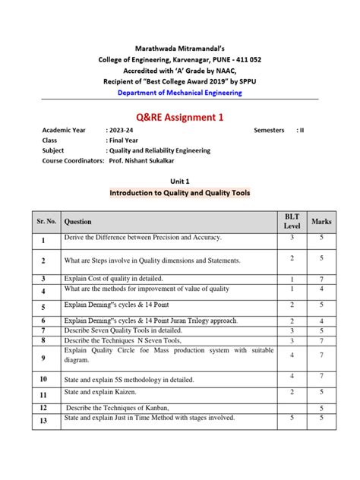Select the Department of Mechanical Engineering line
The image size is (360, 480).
179,93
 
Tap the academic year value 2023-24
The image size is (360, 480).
122,130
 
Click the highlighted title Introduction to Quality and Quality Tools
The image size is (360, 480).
179,194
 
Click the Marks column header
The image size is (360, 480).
321,222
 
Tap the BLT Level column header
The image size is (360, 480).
292,222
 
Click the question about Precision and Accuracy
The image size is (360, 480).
143,238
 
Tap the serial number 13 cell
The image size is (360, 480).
44,420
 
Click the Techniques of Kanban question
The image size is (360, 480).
117,409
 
